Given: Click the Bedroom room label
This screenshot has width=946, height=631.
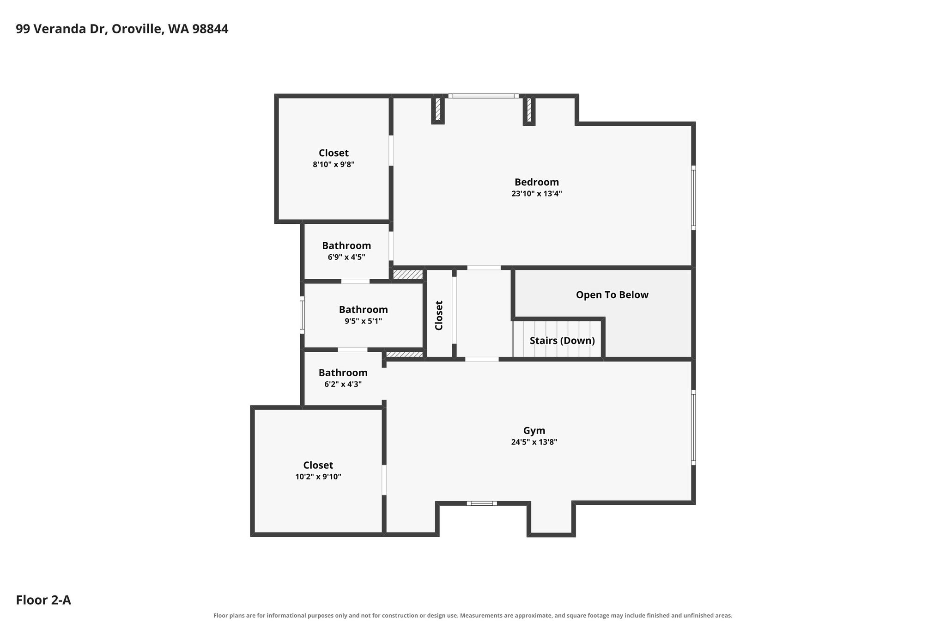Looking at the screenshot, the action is click(536, 182).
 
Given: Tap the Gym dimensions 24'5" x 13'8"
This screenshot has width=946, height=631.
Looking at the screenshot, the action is click(534, 442).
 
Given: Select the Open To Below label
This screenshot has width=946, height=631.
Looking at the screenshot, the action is click(612, 295).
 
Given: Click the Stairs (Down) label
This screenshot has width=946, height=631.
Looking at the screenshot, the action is click(562, 341).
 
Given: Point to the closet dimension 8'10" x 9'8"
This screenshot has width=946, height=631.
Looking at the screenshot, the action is click(334, 164).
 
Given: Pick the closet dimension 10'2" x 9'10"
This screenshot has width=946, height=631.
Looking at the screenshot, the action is click(318, 477).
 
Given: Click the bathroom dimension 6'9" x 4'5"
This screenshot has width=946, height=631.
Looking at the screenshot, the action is click(346, 257).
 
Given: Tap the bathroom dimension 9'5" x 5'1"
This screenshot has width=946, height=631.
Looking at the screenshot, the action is click(363, 321).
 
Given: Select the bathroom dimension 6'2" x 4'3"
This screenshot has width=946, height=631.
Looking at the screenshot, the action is click(343, 384).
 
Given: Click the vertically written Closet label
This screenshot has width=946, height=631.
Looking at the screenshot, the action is click(439, 315).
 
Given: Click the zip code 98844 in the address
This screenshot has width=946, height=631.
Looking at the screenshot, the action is click(210, 29).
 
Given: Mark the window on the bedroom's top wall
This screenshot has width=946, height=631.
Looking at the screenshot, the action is click(483, 96).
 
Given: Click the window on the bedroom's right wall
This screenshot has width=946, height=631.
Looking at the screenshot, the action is click(693, 198).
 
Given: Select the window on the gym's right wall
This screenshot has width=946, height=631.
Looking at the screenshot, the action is click(693, 428).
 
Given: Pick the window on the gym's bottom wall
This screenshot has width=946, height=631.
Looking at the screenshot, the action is click(482, 503).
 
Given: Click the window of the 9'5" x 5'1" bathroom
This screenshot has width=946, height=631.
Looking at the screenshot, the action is click(302, 315).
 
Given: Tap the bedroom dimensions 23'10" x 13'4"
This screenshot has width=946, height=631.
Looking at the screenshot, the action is click(536, 194).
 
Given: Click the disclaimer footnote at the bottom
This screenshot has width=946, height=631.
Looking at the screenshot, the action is click(473, 615).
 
